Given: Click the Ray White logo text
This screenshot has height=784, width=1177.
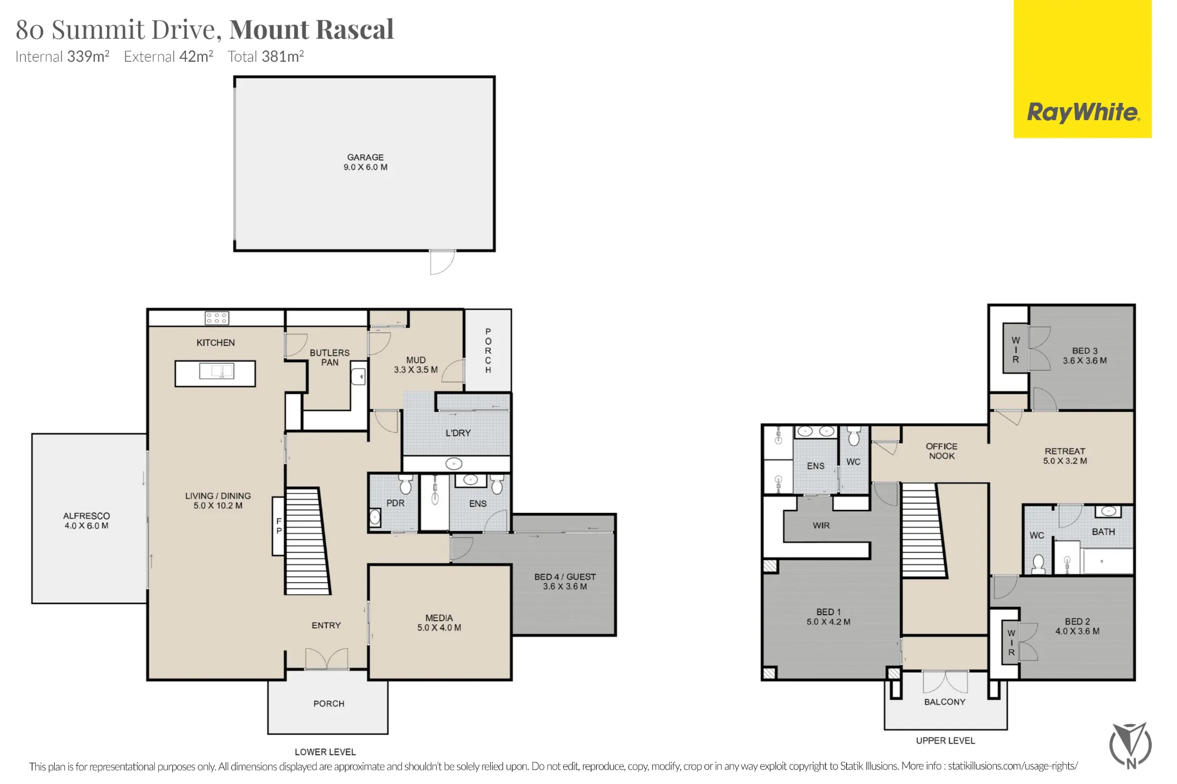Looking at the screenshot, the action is point(1083,112).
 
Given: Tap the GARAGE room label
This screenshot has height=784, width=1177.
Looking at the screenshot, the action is point(365,157).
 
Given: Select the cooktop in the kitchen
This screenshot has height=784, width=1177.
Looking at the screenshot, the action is point(217,318).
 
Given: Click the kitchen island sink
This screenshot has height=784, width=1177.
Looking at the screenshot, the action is point(217,371).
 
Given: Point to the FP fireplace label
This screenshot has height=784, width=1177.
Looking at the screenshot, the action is point(279,526).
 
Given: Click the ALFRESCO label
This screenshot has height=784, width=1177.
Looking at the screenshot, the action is point(87,516).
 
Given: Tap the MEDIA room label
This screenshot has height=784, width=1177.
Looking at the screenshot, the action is point(439,618).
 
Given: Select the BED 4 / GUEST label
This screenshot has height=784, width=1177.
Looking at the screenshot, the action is point(565,576).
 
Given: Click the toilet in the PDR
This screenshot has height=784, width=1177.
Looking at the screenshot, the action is point(405,485).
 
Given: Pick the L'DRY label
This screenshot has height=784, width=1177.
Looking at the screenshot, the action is point(458,433).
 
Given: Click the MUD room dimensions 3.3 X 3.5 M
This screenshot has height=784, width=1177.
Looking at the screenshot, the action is point(415,370).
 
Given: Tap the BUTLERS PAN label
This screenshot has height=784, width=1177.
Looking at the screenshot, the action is point(330,358).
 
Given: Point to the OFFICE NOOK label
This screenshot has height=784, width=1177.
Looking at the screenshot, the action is point(942,451).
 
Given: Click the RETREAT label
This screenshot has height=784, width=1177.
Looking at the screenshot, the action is point(1065,451).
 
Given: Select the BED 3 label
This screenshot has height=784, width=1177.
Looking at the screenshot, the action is point(1085,351).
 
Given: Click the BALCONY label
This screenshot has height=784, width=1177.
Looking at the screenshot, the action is point(945,702).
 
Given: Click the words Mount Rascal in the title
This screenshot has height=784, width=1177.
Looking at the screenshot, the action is point(311,29).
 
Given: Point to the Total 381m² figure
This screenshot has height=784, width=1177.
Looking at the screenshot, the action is point(265,56).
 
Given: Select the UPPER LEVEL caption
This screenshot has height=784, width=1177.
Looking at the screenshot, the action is point(945,740).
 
